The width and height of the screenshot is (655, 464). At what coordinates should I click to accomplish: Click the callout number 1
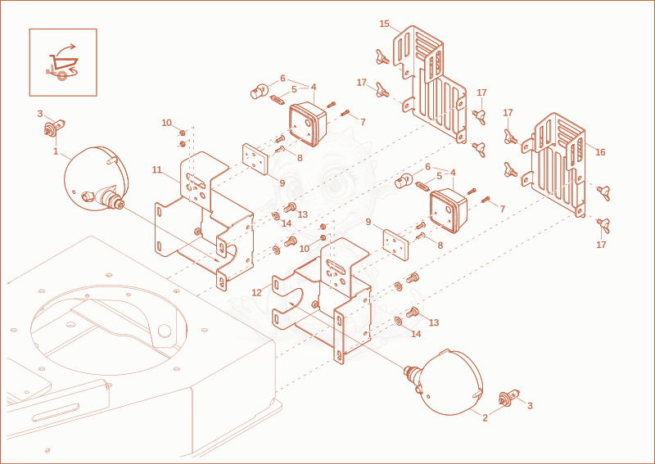[56, 151]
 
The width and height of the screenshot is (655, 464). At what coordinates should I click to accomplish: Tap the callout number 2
[485, 418]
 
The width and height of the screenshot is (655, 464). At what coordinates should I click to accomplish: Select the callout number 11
[156, 169]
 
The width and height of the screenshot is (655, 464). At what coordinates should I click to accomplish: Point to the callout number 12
[256, 293]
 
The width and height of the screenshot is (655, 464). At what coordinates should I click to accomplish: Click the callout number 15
[384, 24]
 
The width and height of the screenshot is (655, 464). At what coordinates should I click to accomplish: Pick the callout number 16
[600, 152]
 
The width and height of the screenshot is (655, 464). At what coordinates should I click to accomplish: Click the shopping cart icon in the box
[59, 64]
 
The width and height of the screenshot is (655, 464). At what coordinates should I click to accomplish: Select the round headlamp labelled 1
[95, 178]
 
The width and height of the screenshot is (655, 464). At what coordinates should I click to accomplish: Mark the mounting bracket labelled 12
[322, 300]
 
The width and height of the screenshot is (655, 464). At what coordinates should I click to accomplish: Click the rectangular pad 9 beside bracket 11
[255, 159]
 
